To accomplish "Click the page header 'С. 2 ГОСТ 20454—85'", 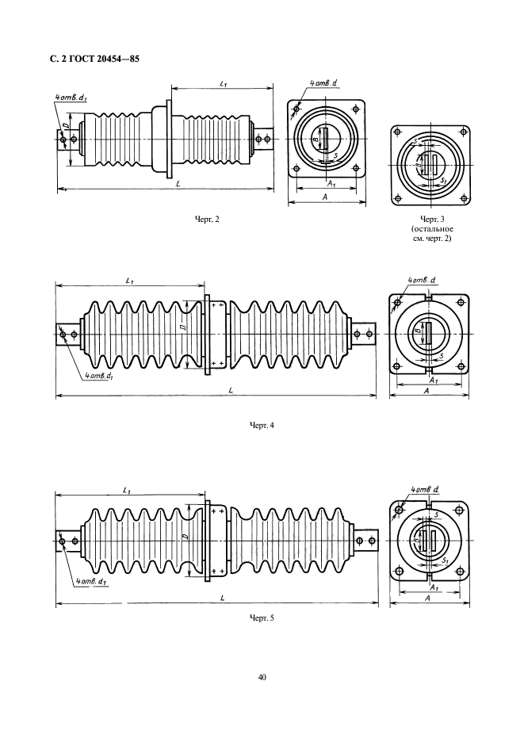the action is (94, 60).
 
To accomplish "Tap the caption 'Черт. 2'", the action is (208, 219).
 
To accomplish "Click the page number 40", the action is (262, 677).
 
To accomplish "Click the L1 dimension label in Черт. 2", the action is (223, 83).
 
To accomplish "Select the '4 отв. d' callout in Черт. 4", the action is (422, 281).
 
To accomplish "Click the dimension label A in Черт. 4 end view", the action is (426, 391).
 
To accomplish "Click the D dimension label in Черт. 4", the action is (184, 327).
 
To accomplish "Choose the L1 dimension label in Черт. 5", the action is (126, 491).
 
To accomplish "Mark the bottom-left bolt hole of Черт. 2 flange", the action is (296, 170).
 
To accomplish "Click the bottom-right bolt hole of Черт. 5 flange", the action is (458, 572).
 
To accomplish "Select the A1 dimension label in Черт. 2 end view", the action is (330, 182).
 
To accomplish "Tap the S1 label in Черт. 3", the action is (443, 181).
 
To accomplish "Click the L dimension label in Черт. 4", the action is (230, 391).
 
